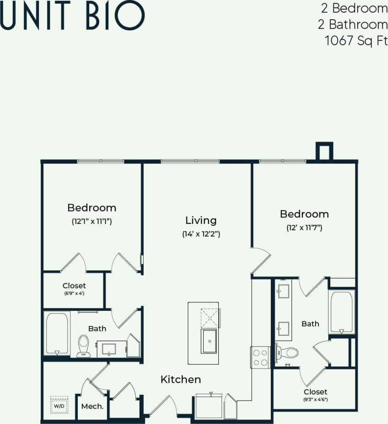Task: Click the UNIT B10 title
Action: tap(73, 16)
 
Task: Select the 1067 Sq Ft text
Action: tap(356, 40)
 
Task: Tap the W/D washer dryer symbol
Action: tap(59, 405)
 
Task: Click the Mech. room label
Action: tap(92, 406)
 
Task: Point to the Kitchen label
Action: tap(180, 380)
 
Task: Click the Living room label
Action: tap(201, 220)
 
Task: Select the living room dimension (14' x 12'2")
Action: tap(201, 234)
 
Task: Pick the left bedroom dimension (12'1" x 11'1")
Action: tap(92, 221)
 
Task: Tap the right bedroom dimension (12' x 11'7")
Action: tap(304, 228)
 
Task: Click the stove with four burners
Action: tap(260, 358)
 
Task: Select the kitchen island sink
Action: tap(210, 341)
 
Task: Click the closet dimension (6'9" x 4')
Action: tap(74, 294)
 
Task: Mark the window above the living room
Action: tap(190, 161)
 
